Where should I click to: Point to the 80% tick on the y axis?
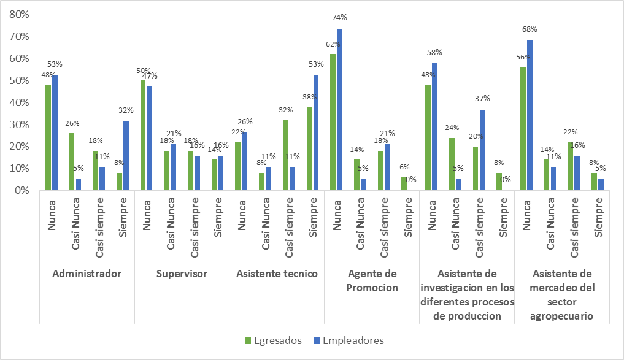pos(19,14)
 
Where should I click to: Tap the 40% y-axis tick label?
pos(19,102)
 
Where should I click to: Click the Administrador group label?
pos(87,274)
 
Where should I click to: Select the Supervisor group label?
pos(182,274)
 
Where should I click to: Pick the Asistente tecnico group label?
pos(277,274)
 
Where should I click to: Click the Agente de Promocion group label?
pos(372,280)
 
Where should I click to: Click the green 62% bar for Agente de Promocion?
pos(333,122)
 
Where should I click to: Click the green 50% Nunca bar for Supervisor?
pos(143,135)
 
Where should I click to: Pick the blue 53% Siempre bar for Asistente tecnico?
pos(315,132)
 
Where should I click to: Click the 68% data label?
pos(530,29)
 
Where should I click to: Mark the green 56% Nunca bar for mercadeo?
pos(522,129)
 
